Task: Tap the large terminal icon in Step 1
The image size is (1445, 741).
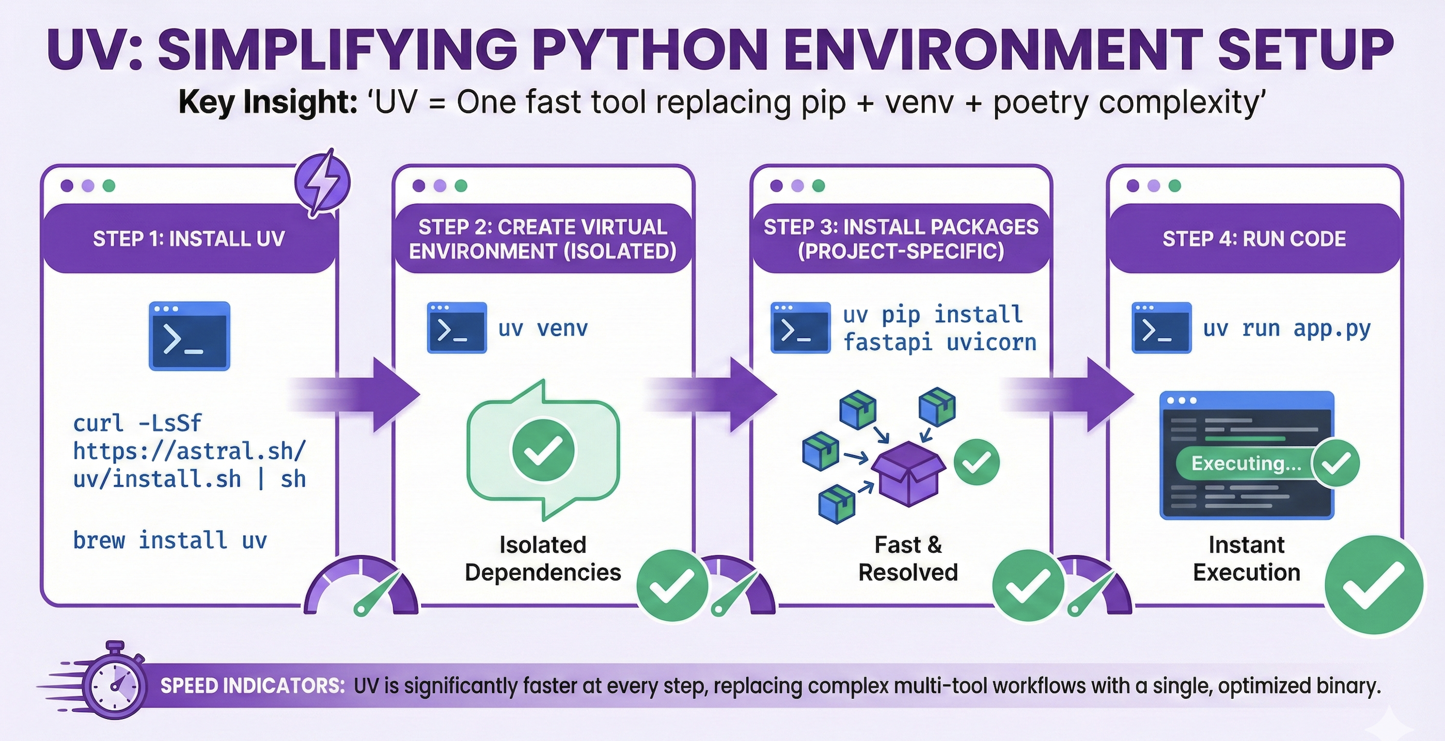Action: coord(189,336)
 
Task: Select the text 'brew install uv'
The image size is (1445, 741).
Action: coord(170,540)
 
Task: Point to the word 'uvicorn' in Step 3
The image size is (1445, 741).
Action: coord(991,342)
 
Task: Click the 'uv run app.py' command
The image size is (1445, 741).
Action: coord(1286,329)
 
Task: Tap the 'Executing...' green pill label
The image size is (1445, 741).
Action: coord(1246,463)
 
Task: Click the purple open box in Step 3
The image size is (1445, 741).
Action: coord(908,474)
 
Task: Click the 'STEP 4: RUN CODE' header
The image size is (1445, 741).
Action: coord(1254,239)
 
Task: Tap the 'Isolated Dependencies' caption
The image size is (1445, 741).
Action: coord(542,558)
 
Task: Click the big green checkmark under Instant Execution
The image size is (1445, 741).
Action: coord(1373,584)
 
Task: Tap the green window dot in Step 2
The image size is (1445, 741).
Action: coord(461,186)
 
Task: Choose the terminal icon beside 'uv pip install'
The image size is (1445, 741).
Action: coord(800,328)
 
